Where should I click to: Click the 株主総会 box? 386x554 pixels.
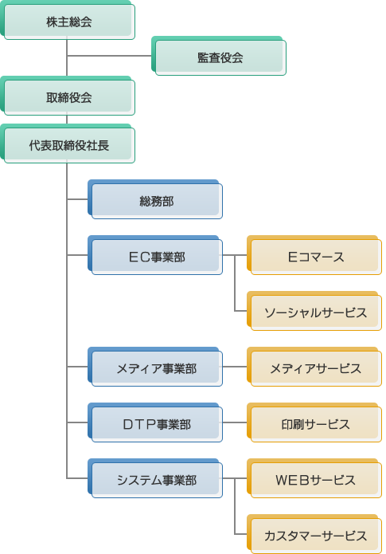(x=68, y=20)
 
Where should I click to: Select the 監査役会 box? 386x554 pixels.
(x=219, y=56)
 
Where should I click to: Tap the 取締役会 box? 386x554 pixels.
(x=68, y=96)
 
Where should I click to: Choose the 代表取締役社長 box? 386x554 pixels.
(x=68, y=143)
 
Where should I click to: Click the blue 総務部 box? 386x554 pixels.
(x=155, y=199)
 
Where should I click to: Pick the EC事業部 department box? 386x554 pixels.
(x=155, y=255)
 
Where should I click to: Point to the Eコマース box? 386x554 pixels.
(x=314, y=255)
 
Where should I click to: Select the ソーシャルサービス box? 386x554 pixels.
(x=314, y=311)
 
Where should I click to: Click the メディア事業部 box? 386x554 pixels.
(x=155, y=367)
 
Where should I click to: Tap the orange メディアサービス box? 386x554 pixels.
(x=314, y=367)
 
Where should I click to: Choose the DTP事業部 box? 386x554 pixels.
(x=155, y=422)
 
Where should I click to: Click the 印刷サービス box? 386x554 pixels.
(x=314, y=422)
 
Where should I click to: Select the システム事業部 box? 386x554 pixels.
(x=155, y=478)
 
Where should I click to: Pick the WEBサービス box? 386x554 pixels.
(x=314, y=478)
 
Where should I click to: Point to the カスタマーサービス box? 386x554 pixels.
(x=314, y=534)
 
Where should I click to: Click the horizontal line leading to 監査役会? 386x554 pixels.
(x=109, y=56)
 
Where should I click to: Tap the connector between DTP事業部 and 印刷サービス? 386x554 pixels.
(x=235, y=422)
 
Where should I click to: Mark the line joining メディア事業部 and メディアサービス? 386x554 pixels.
(x=235, y=367)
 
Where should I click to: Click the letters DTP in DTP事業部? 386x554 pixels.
(x=139, y=424)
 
